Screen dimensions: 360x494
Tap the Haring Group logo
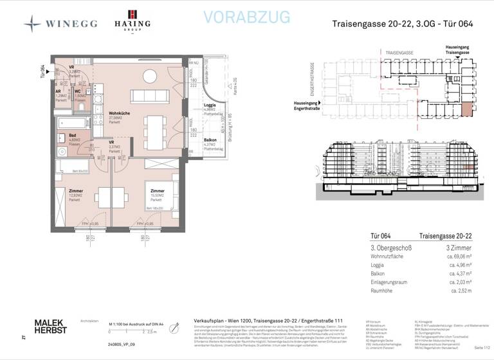(x=133, y=21)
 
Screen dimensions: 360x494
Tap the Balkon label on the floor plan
(x=210, y=140)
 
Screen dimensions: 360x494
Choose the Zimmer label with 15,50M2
(x=158, y=192)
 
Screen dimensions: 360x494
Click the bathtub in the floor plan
(x=75, y=123)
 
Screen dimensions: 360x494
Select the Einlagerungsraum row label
(x=393, y=282)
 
